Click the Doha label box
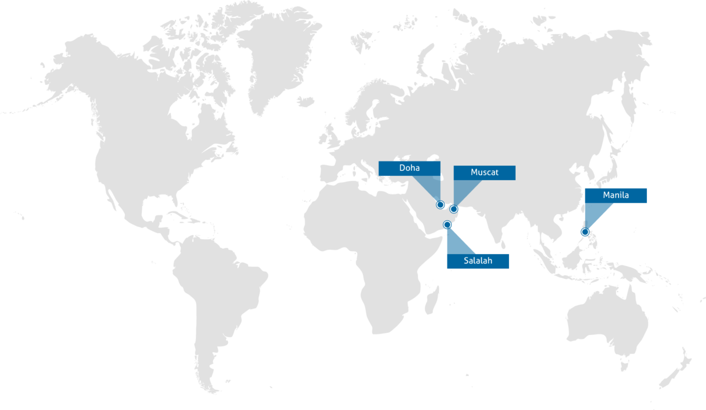(409, 168)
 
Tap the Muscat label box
(484, 172)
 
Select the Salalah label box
(478, 261)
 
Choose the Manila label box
(616, 195)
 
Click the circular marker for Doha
(440, 205)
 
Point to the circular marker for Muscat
(453, 209)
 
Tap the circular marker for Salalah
(447, 225)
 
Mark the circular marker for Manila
(585, 232)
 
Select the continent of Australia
(607, 320)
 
